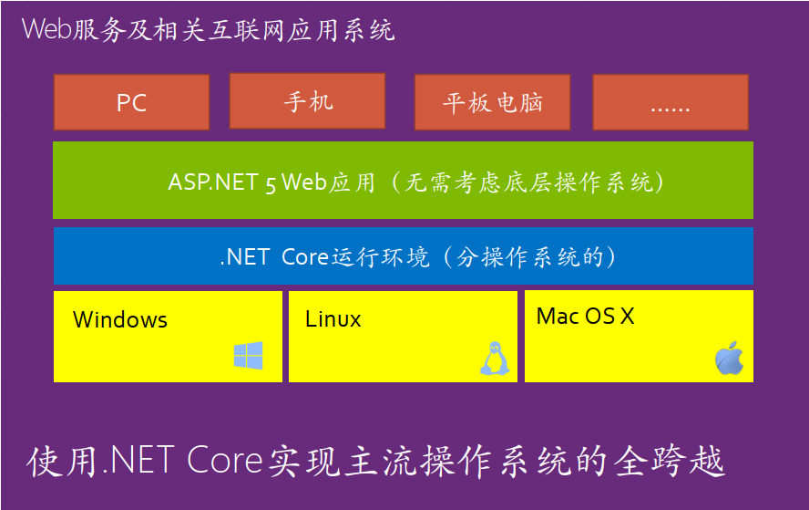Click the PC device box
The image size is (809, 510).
point(131,102)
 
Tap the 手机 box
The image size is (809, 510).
point(307,100)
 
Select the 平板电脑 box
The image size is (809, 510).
point(492,102)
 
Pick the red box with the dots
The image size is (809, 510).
point(670,102)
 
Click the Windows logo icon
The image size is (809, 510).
point(248,356)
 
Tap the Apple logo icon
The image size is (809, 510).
point(729,359)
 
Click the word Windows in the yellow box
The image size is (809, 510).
point(120,320)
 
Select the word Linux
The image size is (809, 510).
point(333,320)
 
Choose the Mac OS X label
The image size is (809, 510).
point(585,317)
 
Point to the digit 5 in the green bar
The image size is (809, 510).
point(271,182)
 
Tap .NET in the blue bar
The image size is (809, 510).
point(244,257)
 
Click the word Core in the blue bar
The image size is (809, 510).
point(304,257)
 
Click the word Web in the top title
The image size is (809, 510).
point(42,29)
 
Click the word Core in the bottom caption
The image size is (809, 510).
point(225,461)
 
